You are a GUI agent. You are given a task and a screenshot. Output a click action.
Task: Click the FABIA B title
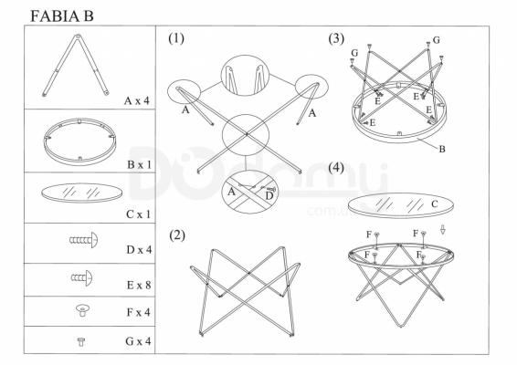pos(62,16)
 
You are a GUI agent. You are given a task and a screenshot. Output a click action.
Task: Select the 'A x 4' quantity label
pos(137,100)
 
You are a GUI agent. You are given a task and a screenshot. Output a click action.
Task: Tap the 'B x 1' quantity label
pos(139,164)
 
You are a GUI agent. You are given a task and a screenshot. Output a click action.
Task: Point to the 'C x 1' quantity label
pos(138,214)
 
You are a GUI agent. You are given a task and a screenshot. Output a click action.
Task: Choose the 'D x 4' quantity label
pos(139,250)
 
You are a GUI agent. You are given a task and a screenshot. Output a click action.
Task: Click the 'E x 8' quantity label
pos(139,285)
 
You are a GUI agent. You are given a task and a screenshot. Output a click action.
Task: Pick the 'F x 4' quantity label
pos(139,312)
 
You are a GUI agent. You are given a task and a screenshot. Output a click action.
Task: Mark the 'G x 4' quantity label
pos(138,341)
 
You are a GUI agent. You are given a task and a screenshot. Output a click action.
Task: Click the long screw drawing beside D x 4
pos(84,240)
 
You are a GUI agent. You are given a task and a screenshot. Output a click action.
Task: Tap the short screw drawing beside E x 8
pos(82,278)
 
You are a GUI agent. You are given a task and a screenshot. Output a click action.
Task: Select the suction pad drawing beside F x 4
pos(82,310)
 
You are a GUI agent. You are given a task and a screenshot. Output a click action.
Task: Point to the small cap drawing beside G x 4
pos(80,341)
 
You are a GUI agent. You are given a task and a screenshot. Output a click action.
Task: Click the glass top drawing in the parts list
pos(81,193)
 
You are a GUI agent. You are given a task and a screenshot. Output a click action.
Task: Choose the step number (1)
pos(176,38)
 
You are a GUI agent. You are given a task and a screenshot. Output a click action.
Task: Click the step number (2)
pos(177,235)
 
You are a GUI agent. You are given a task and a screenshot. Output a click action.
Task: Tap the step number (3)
pos(336,38)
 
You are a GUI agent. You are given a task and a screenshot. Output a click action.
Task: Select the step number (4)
pos(336,168)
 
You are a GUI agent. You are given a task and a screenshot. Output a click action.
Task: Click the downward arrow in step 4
pos(442,230)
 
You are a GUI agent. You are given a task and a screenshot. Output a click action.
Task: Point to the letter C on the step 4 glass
pos(435,204)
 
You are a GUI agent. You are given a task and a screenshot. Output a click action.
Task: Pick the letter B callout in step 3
pos(442,150)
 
